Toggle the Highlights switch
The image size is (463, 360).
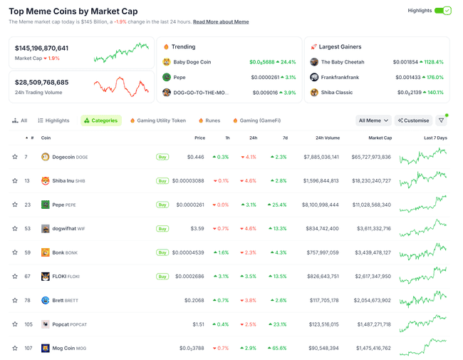(442, 11)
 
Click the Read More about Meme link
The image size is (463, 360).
(221, 22)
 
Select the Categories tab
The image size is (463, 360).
(101, 120)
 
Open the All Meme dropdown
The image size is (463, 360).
(373, 120)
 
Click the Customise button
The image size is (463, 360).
(413, 120)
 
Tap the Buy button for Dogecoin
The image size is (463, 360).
(162, 157)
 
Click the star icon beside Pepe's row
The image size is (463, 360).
(15, 205)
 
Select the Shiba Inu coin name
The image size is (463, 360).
(62, 181)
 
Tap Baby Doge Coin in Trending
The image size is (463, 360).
(192, 62)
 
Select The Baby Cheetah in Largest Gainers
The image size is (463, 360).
(342, 62)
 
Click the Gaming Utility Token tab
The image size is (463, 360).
(157, 120)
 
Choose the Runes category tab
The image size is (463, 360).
(209, 120)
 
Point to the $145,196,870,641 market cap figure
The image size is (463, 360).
(42, 48)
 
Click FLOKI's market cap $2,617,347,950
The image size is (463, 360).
(370, 277)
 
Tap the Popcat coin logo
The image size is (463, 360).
(46, 324)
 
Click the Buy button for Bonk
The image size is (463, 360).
(162, 252)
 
